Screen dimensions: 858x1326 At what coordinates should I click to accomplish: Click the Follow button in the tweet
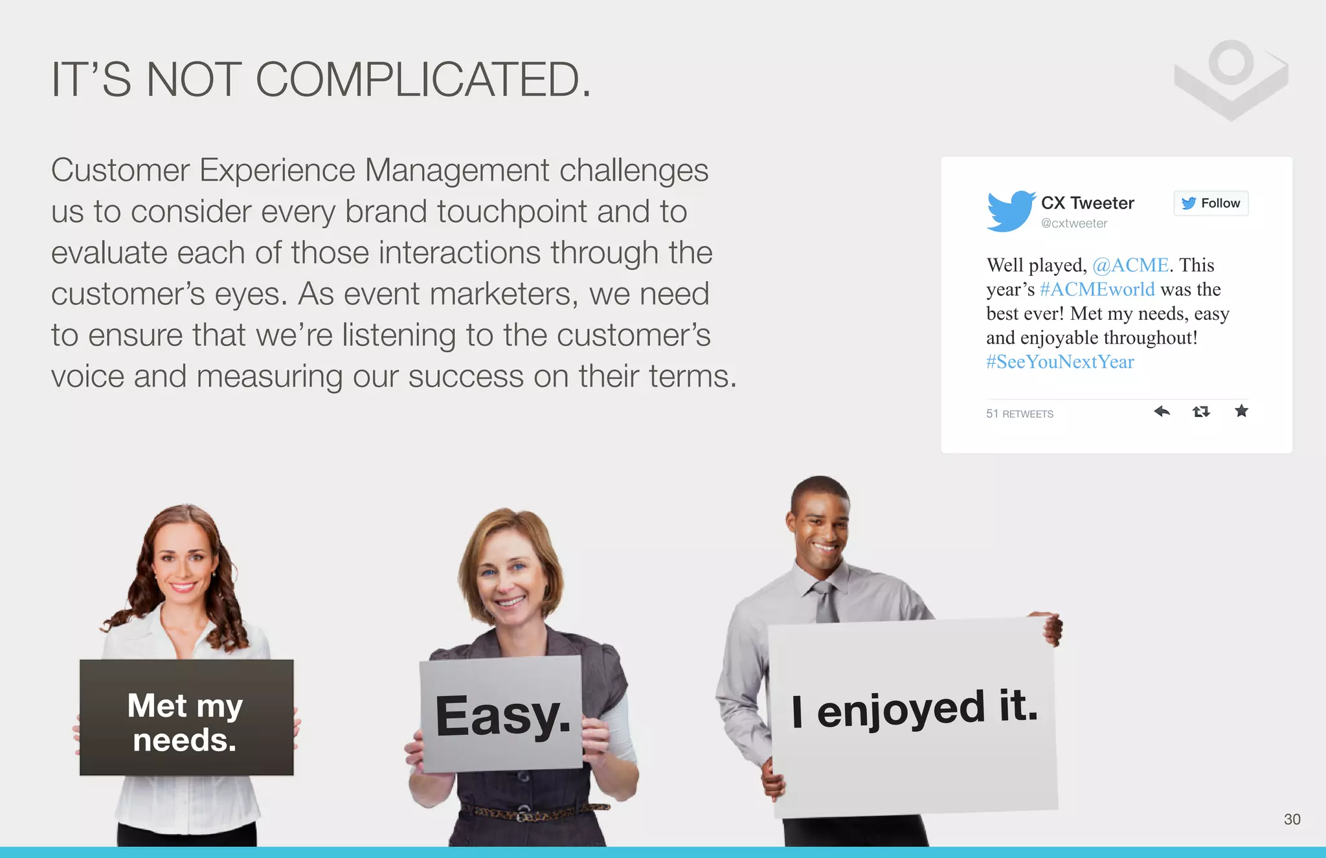(x=1211, y=203)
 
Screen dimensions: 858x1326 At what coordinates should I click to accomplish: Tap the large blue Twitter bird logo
(x=1010, y=210)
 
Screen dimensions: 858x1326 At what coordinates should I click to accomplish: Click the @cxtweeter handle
(x=1074, y=223)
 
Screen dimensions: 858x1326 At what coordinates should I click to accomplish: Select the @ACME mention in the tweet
(x=1130, y=265)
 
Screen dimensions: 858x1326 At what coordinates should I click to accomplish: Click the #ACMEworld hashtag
(x=1097, y=289)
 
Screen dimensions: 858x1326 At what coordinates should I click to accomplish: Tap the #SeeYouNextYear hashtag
(x=1060, y=362)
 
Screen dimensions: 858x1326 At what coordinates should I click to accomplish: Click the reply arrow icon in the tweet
(x=1162, y=411)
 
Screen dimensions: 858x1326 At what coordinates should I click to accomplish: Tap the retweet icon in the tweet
(x=1201, y=411)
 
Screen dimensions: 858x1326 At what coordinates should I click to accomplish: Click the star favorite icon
(x=1241, y=411)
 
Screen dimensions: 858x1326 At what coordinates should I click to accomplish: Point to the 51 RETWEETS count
(x=1020, y=414)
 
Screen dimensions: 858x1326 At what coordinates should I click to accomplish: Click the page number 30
(x=1292, y=819)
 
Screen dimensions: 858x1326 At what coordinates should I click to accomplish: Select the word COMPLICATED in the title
(x=423, y=80)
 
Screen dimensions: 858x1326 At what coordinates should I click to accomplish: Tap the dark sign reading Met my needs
(x=186, y=717)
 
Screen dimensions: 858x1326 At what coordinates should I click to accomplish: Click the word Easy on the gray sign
(x=502, y=716)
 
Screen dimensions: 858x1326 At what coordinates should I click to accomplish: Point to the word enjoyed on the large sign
(x=901, y=710)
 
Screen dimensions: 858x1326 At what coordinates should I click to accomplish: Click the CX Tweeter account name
(x=1088, y=203)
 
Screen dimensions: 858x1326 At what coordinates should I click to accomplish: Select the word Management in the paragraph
(x=457, y=170)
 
